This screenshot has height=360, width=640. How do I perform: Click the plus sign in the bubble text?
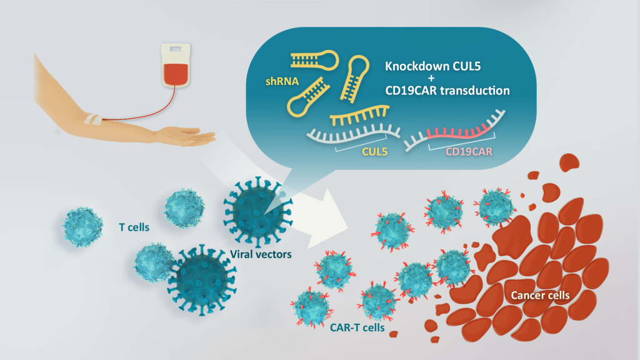pos(446,77)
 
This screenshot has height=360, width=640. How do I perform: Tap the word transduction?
pos(476,91)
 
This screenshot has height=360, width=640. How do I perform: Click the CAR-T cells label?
pos(356,327)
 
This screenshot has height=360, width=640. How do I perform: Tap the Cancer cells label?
pos(539,294)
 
